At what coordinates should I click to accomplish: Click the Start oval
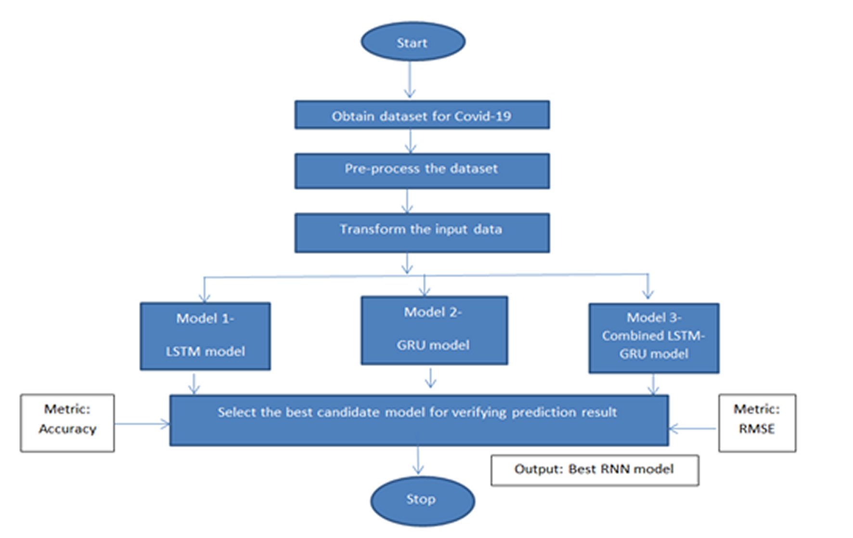click(413, 42)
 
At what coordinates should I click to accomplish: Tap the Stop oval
click(422, 500)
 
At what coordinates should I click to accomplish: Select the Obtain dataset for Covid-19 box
click(422, 115)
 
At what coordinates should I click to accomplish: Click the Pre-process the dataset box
click(422, 171)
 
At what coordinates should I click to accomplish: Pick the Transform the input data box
click(422, 233)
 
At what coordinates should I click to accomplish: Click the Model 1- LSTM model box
click(205, 336)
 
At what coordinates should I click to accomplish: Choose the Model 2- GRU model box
click(434, 330)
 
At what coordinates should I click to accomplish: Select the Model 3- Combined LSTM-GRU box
click(653, 338)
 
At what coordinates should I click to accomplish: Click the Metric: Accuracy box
click(67, 422)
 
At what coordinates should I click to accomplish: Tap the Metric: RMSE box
click(757, 422)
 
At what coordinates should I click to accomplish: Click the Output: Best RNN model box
click(594, 470)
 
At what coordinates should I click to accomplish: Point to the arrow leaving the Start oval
click(410, 79)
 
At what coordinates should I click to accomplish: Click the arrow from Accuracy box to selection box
click(142, 424)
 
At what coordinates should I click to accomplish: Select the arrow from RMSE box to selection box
click(693, 428)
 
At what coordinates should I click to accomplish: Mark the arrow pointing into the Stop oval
click(418, 460)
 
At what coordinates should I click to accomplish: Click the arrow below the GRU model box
click(431, 378)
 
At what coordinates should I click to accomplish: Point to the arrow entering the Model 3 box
click(648, 288)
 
